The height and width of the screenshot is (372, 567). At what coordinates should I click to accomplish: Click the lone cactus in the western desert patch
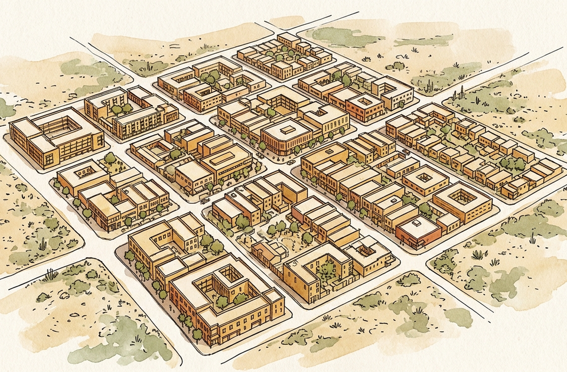coord(42,243)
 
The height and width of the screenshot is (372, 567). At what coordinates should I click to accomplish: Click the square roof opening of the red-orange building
coord(364,102)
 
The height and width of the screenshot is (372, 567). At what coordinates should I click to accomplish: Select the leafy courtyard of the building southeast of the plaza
coord(325,269)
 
